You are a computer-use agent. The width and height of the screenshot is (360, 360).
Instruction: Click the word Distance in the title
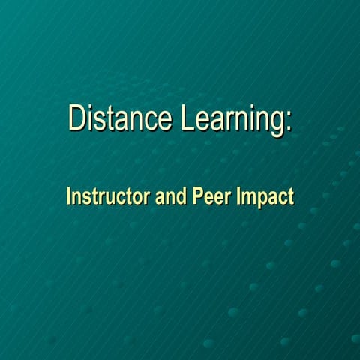tap(121, 119)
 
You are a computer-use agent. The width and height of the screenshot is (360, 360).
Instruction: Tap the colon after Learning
tap(289, 124)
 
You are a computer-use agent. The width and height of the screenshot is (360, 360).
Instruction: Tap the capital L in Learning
tap(188, 119)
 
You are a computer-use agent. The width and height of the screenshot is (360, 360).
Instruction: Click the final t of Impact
tap(290, 196)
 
